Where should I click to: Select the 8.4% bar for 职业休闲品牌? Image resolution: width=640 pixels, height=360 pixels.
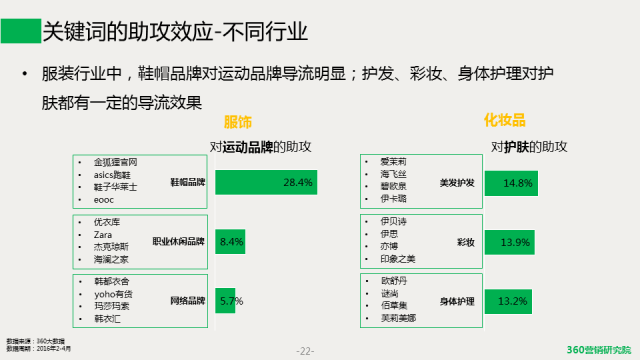pos(230,242)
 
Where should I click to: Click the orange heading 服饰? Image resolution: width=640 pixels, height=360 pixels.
pos(238,121)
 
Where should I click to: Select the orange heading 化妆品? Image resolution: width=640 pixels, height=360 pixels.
pos(505,121)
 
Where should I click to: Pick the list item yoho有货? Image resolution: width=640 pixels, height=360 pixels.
pos(111,294)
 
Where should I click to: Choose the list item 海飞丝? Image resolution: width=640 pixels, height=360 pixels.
pos(394,174)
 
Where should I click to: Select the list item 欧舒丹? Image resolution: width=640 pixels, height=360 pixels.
pos(394,281)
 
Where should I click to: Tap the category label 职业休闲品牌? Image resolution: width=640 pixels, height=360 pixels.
pos(177,242)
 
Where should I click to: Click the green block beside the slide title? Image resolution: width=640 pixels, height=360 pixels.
pos(19,30)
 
